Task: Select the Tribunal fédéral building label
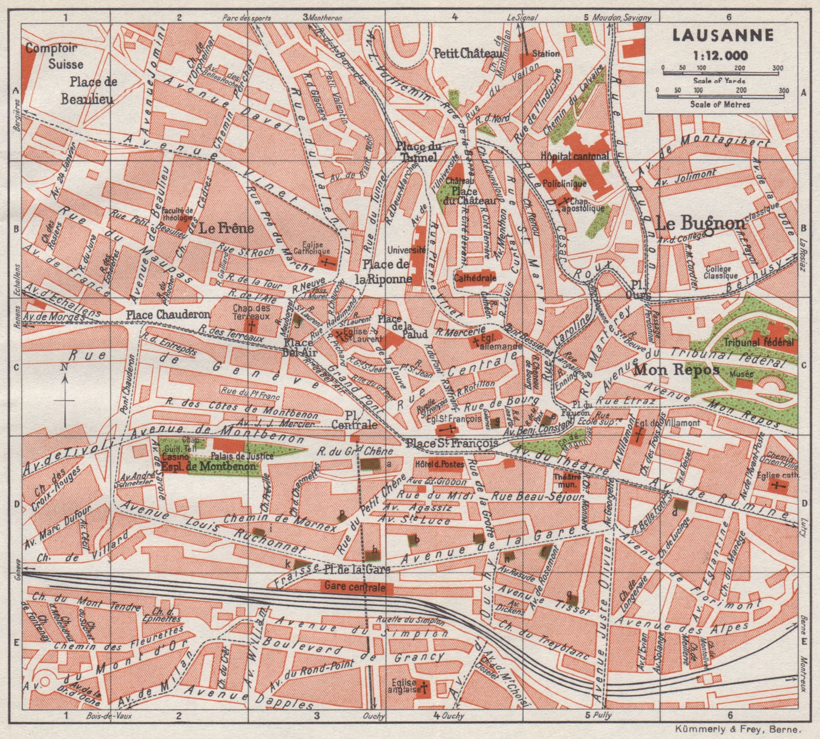point(759,342)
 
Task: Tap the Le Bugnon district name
point(700,223)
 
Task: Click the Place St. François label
point(450,442)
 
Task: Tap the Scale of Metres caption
point(720,104)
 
